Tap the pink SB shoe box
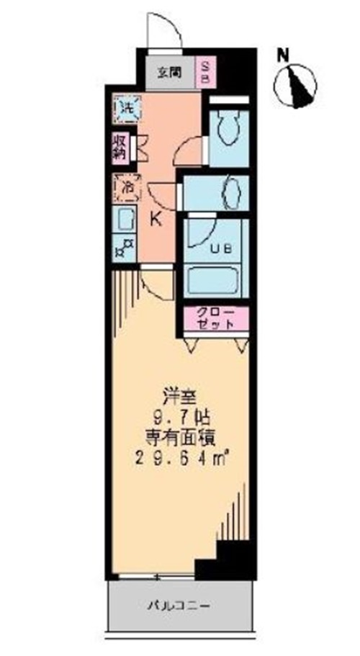pyautogui.click(x=204, y=72)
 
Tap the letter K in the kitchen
pyautogui.click(x=156, y=220)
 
